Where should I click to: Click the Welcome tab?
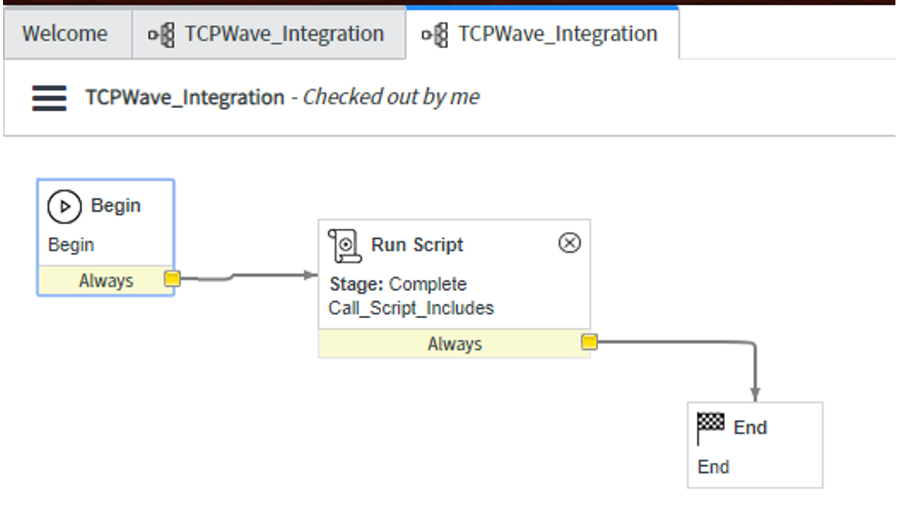tap(65, 34)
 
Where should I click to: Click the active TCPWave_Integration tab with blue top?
tap(542, 34)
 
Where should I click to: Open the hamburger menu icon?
tap(49, 98)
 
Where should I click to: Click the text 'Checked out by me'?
tap(391, 97)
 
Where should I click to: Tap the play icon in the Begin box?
tap(65, 206)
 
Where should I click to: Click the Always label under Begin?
tap(106, 281)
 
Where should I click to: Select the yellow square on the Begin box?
tap(173, 279)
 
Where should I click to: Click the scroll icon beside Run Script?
tap(345, 245)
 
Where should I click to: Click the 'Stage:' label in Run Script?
tap(356, 284)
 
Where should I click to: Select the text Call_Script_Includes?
tap(411, 308)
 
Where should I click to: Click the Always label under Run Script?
tap(454, 344)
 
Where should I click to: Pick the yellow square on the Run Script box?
tap(590, 342)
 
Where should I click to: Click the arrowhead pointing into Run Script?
tap(312, 275)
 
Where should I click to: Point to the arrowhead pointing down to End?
tap(755, 394)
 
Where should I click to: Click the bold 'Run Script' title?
tap(417, 245)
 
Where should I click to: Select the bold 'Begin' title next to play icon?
tap(116, 206)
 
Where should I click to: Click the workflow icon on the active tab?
tap(435, 35)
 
